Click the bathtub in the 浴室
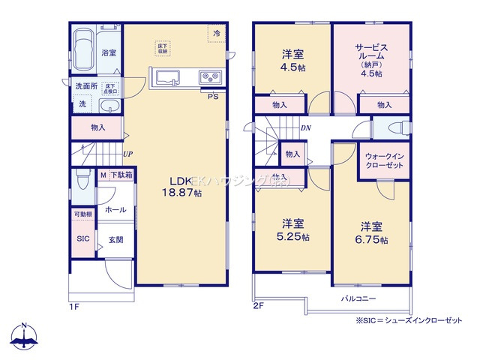point(83,49)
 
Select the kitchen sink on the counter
point(166,77)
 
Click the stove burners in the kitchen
point(208,77)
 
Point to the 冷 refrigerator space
point(216,34)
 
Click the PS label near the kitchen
point(212,96)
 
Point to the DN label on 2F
point(306,128)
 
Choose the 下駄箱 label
point(121,175)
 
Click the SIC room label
point(82,238)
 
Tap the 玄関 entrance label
point(115,239)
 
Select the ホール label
point(115,209)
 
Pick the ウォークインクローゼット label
point(384,161)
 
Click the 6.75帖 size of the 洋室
point(373,240)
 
